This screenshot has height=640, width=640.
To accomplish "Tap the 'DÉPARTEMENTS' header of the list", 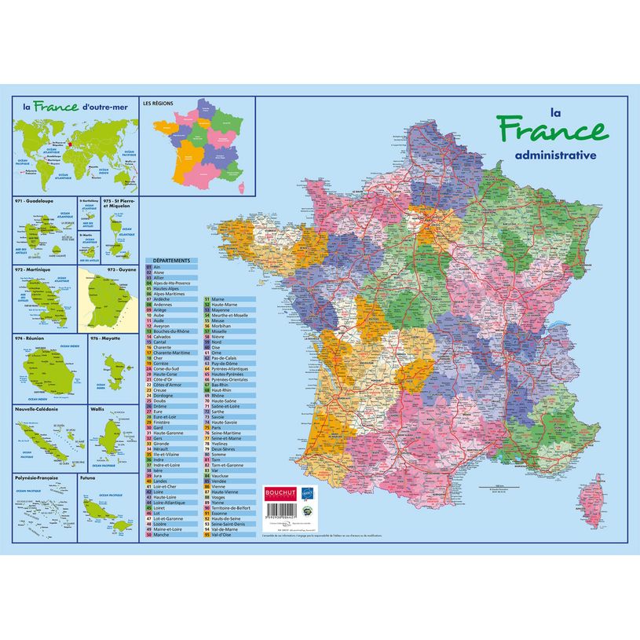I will point(170,260).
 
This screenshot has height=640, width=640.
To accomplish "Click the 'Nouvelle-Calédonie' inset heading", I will point(39,409).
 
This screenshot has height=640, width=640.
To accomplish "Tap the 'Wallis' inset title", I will point(98,409).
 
